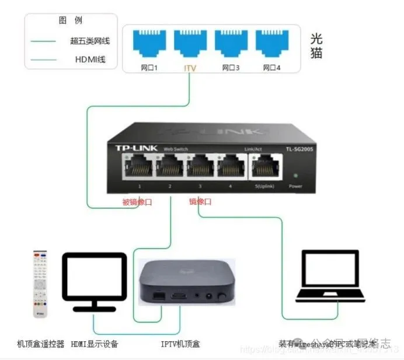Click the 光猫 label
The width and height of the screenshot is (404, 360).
click(x=316, y=46)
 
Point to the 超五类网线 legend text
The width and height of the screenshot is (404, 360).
click(x=90, y=41)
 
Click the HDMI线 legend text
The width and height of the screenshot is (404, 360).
click(x=90, y=60)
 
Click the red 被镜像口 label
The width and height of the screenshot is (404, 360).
click(x=137, y=202)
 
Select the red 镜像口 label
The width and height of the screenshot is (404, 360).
click(x=200, y=202)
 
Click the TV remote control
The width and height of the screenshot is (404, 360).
click(x=40, y=286)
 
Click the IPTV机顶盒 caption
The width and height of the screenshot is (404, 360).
click(x=180, y=344)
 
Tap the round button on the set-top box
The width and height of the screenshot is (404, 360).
click(x=221, y=297)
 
